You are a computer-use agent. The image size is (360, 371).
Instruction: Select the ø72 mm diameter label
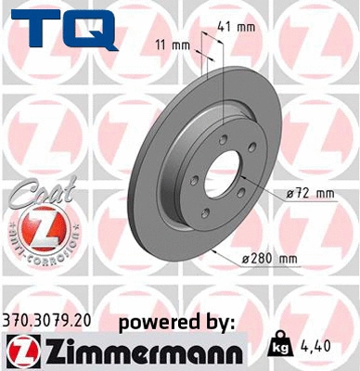[308, 193]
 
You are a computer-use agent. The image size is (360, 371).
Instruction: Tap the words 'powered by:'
[176, 322]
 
